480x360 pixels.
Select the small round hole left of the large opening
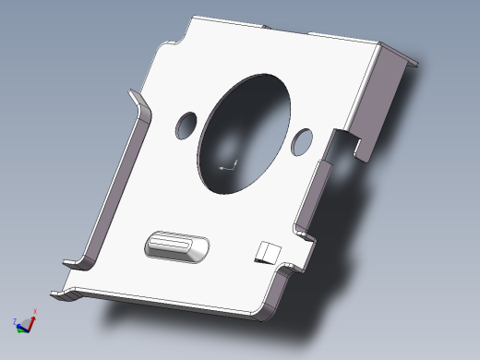click(x=187, y=123)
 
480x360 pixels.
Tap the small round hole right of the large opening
click(x=302, y=139)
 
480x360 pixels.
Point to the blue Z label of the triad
click(x=15, y=321)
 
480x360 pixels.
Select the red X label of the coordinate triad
click(x=35, y=311)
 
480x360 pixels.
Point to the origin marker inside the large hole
click(x=228, y=167)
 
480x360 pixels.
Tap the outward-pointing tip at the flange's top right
click(x=413, y=64)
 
